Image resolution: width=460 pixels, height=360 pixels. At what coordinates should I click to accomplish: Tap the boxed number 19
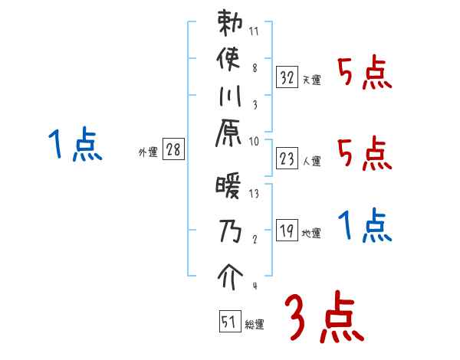click(287, 230)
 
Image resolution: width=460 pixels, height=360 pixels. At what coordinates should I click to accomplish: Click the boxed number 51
click(228, 322)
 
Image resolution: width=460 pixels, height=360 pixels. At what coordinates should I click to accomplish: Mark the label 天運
click(311, 80)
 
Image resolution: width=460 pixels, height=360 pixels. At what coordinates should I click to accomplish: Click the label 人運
click(312, 161)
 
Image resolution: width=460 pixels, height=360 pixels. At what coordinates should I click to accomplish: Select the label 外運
click(147, 152)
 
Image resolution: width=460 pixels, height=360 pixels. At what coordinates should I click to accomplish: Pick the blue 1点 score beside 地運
click(365, 226)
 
